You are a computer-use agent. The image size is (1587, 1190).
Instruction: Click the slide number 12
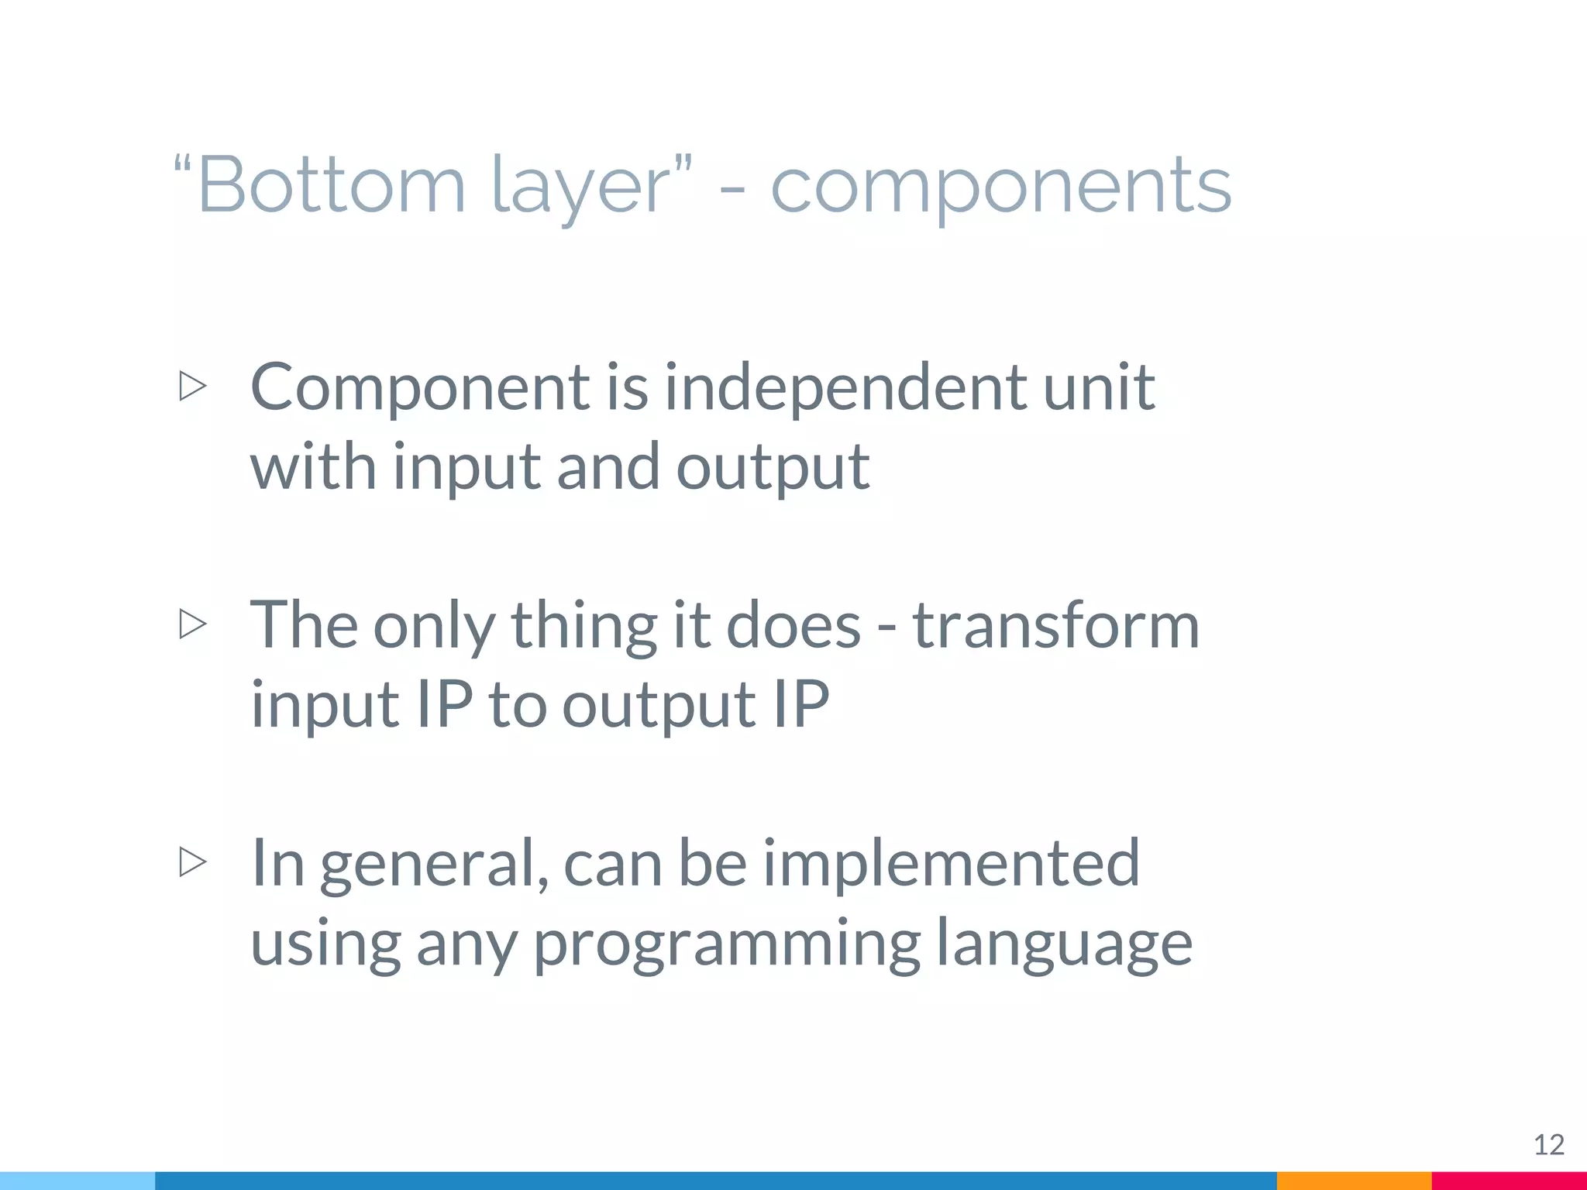tap(1548, 1144)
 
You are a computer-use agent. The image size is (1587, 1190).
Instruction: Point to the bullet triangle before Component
tap(192, 386)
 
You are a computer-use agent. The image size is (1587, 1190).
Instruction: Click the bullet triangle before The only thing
tap(192, 624)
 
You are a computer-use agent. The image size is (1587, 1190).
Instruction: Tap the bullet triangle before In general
tap(192, 862)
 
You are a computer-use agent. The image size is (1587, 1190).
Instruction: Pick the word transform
tap(1055, 625)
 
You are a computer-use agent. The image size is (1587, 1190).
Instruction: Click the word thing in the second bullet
tap(584, 625)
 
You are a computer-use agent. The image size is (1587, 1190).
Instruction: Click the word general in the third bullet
tap(434, 864)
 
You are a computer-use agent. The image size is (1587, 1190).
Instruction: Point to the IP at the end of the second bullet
tap(801, 704)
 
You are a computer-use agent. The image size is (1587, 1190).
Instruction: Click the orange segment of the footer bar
tap(1353, 1181)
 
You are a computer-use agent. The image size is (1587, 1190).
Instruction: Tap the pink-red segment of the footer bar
tap(1509, 1181)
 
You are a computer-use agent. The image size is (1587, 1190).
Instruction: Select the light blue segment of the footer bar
tap(77, 1181)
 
